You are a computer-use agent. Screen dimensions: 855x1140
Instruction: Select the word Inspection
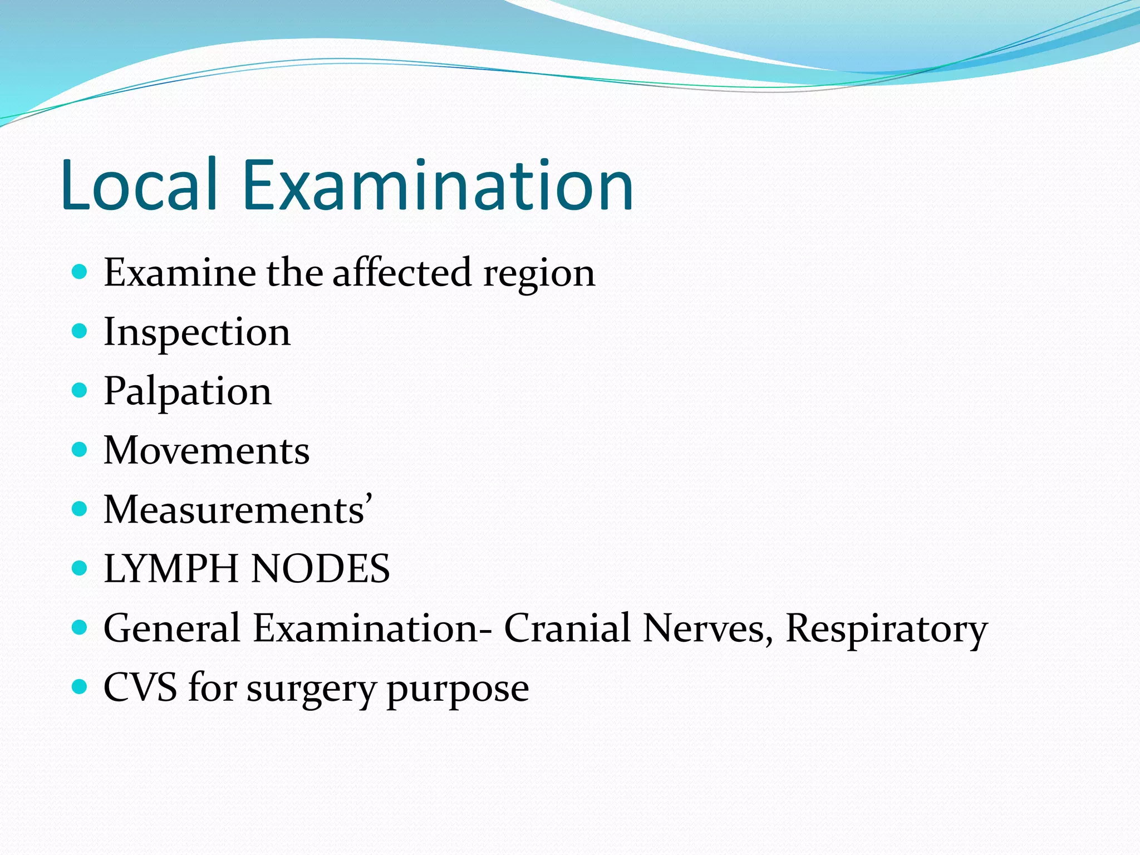point(197,333)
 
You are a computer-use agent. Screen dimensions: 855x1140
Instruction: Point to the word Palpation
point(188,392)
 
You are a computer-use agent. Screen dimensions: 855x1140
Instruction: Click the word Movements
point(207,450)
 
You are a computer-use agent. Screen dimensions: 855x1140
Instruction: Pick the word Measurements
point(234,510)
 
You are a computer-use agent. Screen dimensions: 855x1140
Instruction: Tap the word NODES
point(321,569)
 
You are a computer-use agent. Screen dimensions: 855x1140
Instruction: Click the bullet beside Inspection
point(80,331)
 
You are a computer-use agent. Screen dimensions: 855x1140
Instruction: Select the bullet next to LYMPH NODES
point(80,568)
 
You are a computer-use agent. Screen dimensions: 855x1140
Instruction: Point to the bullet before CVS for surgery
point(80,686)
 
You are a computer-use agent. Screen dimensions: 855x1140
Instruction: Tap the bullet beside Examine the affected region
point(80,272)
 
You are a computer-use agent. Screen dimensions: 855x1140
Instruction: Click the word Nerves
point(707,628)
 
